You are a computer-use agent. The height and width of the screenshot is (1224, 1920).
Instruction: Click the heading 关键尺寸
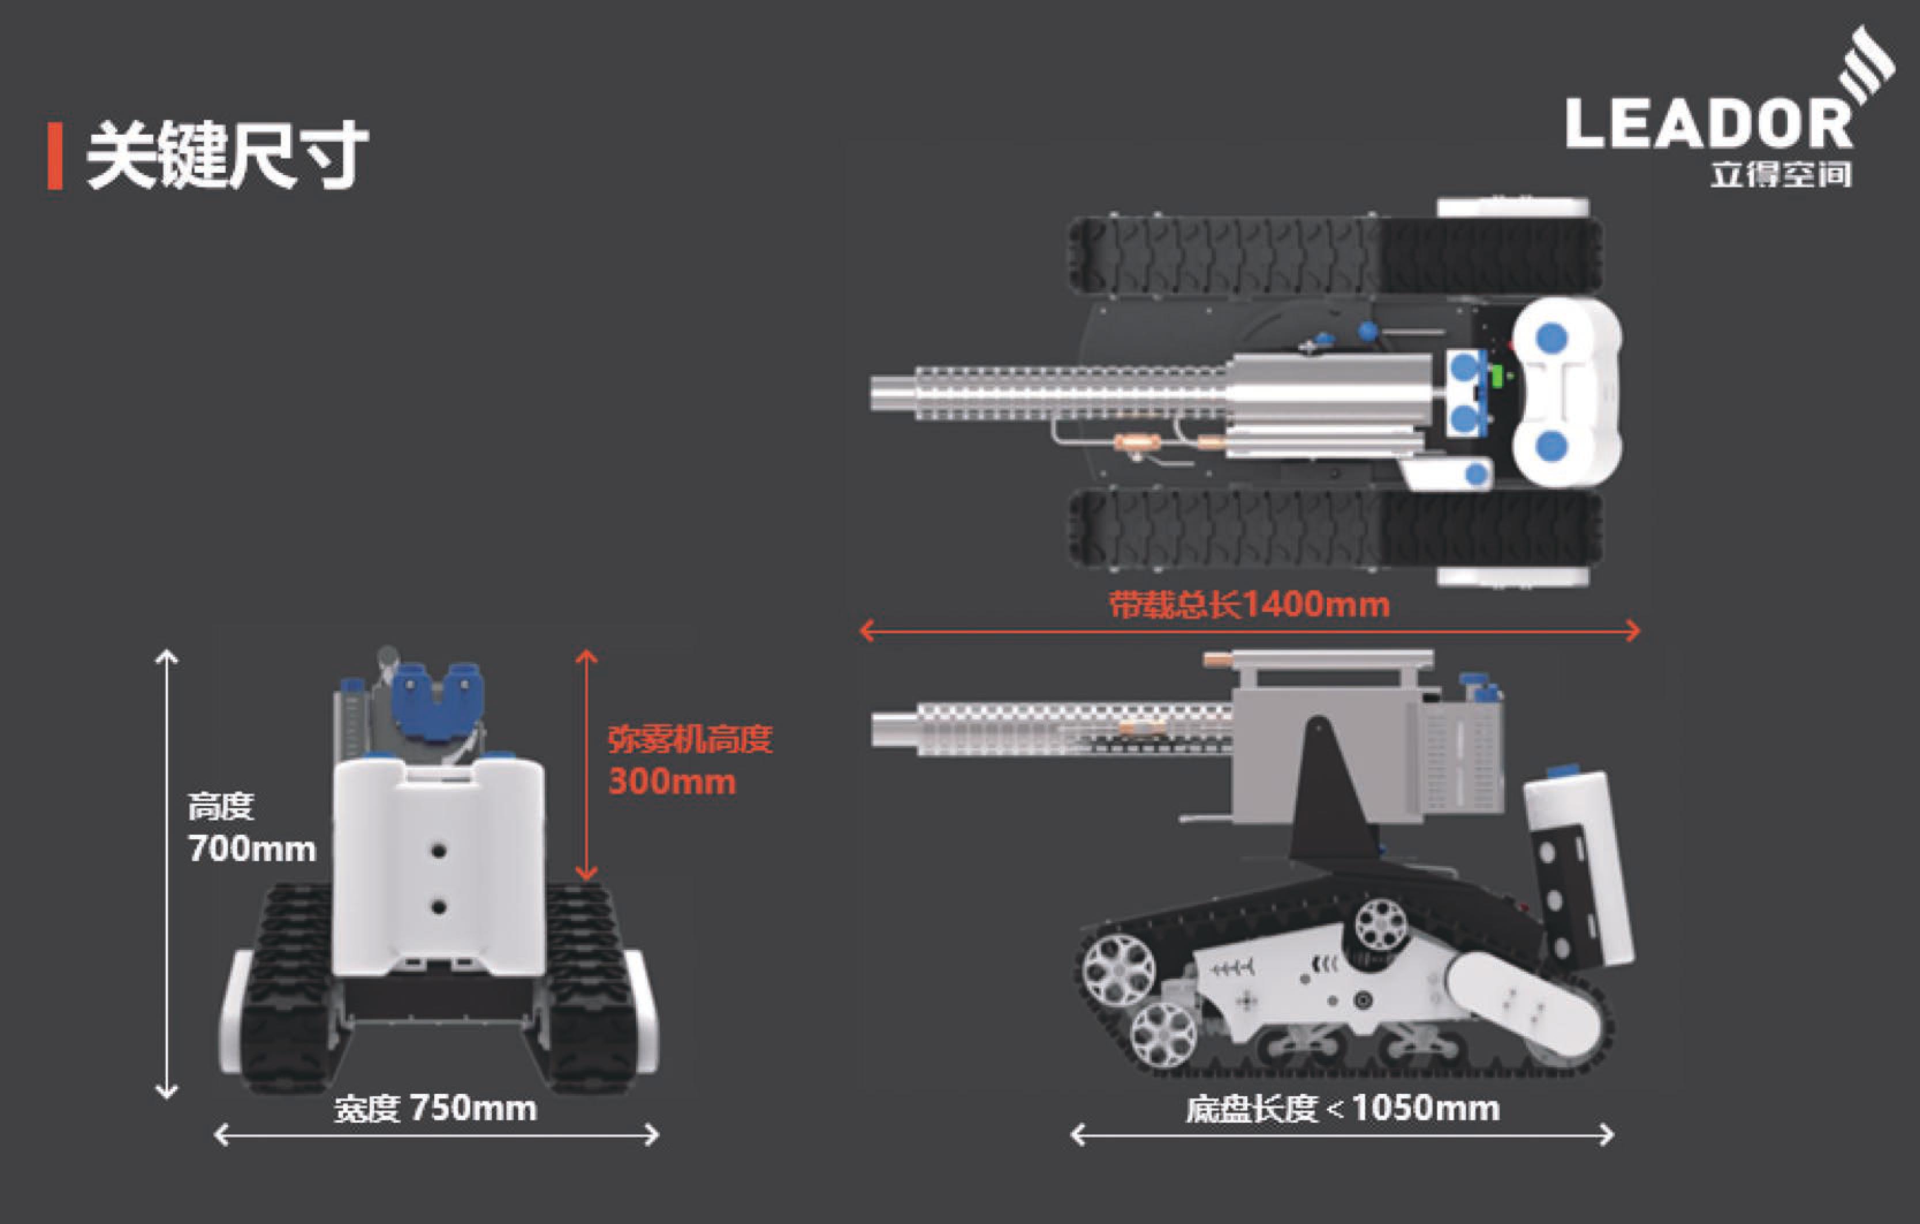[227, 156]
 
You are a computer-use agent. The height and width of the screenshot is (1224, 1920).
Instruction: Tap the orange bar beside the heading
[55, 156]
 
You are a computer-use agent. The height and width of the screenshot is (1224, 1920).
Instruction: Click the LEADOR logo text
[1709, 124]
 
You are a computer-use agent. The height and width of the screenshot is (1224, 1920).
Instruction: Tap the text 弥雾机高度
[690, 739]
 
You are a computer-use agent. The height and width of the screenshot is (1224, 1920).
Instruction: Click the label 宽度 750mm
[435, 1108]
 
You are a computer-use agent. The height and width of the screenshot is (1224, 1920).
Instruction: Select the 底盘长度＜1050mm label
[1342, 1108]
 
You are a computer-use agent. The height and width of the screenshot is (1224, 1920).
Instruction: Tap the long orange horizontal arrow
[1250, 631]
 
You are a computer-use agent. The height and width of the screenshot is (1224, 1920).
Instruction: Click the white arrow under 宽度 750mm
[437, 1135]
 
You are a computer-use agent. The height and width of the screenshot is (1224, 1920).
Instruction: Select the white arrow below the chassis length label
[1342, 1135]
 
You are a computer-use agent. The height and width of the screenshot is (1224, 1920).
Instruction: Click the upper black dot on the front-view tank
[438, 851]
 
